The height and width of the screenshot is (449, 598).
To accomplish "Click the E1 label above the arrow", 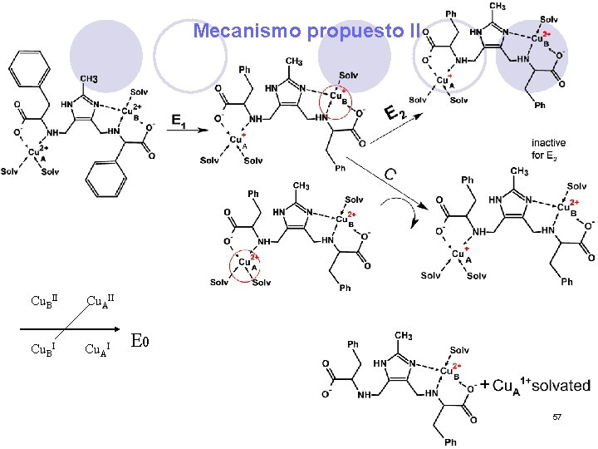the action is point(178,121).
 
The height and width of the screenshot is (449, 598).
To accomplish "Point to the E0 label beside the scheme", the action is point(142,340).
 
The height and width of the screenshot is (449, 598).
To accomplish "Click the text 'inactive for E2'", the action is point(550,149).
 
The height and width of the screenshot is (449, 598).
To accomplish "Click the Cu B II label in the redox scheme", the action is point(43,299).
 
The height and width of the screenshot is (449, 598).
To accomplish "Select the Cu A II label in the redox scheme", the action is point(99,299).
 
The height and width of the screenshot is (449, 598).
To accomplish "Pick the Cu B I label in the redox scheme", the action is point(42,347).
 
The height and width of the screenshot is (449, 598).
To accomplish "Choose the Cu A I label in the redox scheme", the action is point(97,347).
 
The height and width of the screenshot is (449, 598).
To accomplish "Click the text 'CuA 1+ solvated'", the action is point(541,386).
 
